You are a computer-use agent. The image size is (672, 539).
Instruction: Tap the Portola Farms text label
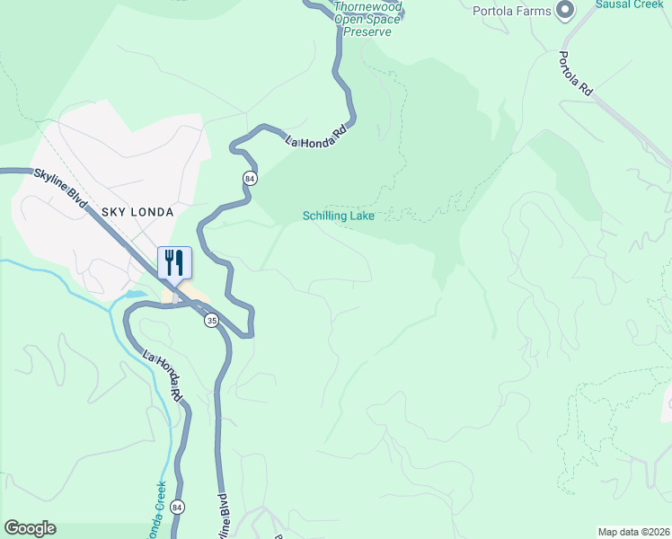(511, 11)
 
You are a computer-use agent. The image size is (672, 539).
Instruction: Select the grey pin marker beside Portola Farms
(565, 11)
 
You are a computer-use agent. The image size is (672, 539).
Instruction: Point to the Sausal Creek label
(629, 4)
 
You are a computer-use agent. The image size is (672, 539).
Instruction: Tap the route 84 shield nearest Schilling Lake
(249, 178)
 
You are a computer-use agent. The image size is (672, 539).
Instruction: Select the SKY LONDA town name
(137, 211)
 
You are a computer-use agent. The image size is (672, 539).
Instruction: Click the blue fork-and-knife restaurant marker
(174, 262)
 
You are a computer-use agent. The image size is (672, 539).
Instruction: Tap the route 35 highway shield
(211, 321)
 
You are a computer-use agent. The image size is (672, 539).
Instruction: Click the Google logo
(30, 528)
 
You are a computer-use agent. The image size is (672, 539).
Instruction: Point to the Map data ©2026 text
(632, 531)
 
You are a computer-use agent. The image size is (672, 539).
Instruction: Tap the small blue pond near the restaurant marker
(135, 294)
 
